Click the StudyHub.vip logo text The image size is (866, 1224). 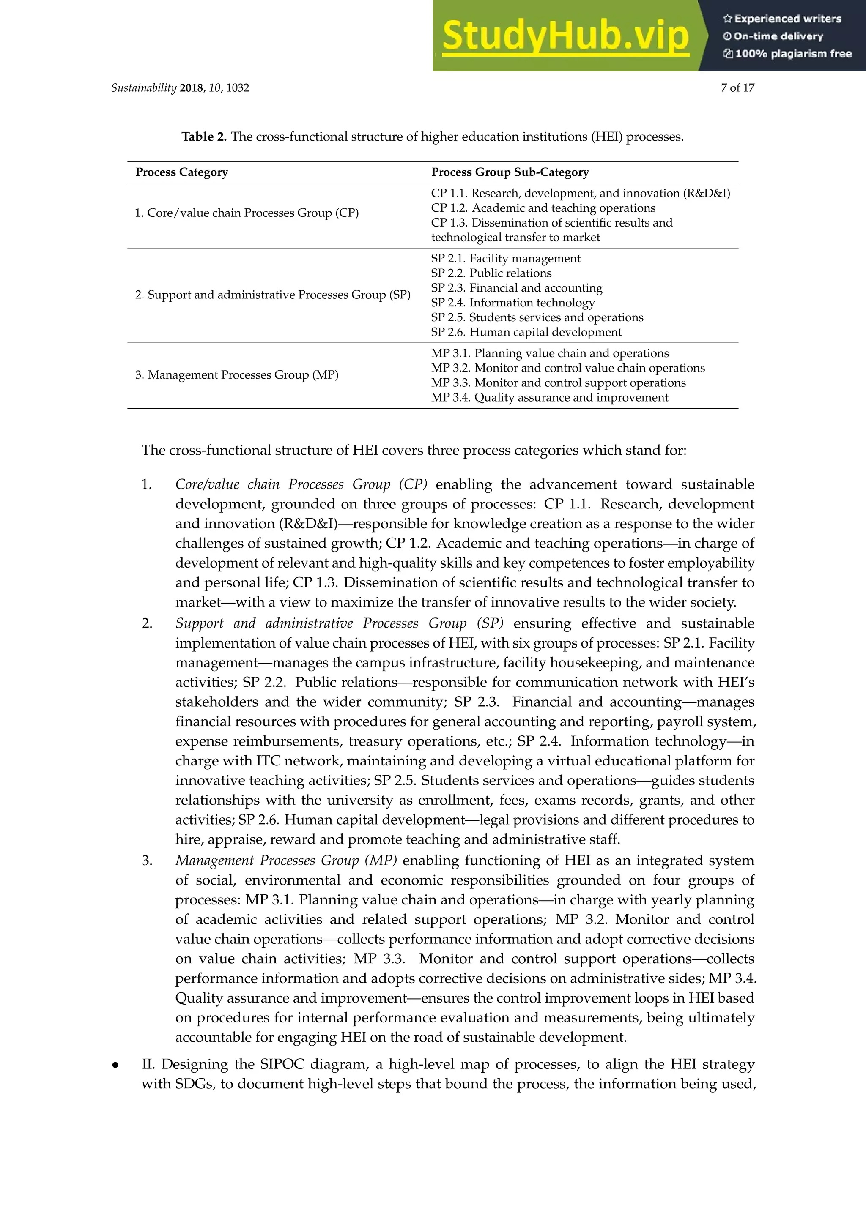coord(565,36)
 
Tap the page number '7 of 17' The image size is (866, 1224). coord(737,88)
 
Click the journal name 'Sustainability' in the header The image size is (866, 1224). coord(143,88)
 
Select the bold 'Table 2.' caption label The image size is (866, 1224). coord(204,137)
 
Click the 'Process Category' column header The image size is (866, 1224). coord(181,172)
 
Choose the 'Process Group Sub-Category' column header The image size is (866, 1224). coord(510,172)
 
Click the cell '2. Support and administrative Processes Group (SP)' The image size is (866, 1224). coord(272,295)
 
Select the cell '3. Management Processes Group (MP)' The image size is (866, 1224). coord(237,375)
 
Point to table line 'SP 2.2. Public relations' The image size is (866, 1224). coord(491,273)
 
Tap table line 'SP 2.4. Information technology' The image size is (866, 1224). coord(512,303)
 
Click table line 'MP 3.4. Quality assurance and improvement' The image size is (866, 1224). coord(549,398)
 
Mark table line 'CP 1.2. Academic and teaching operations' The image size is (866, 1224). coord(543,208)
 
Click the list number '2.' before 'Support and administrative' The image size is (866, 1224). coord(147,623)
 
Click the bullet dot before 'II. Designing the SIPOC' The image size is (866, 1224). coord(115,1066)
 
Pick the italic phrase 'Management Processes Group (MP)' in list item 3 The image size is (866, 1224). coord(286,861)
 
